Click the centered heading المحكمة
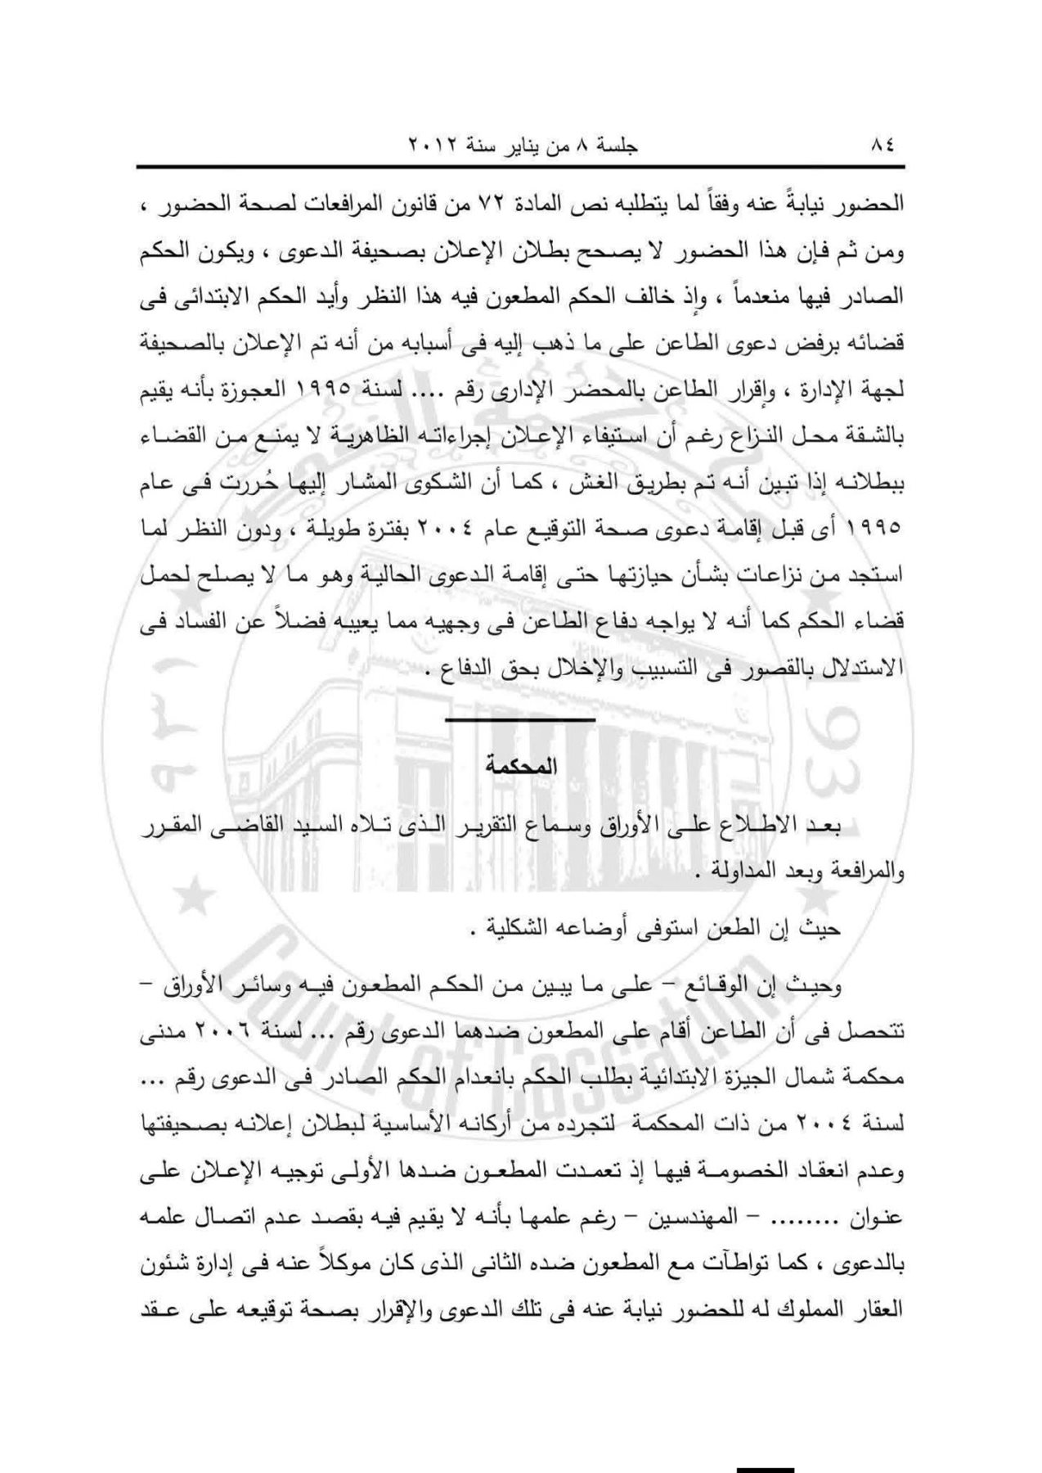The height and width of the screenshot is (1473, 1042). [520, 767]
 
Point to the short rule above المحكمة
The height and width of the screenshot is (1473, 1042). [520, 719]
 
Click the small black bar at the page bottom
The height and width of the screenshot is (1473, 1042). [765, 1467]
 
